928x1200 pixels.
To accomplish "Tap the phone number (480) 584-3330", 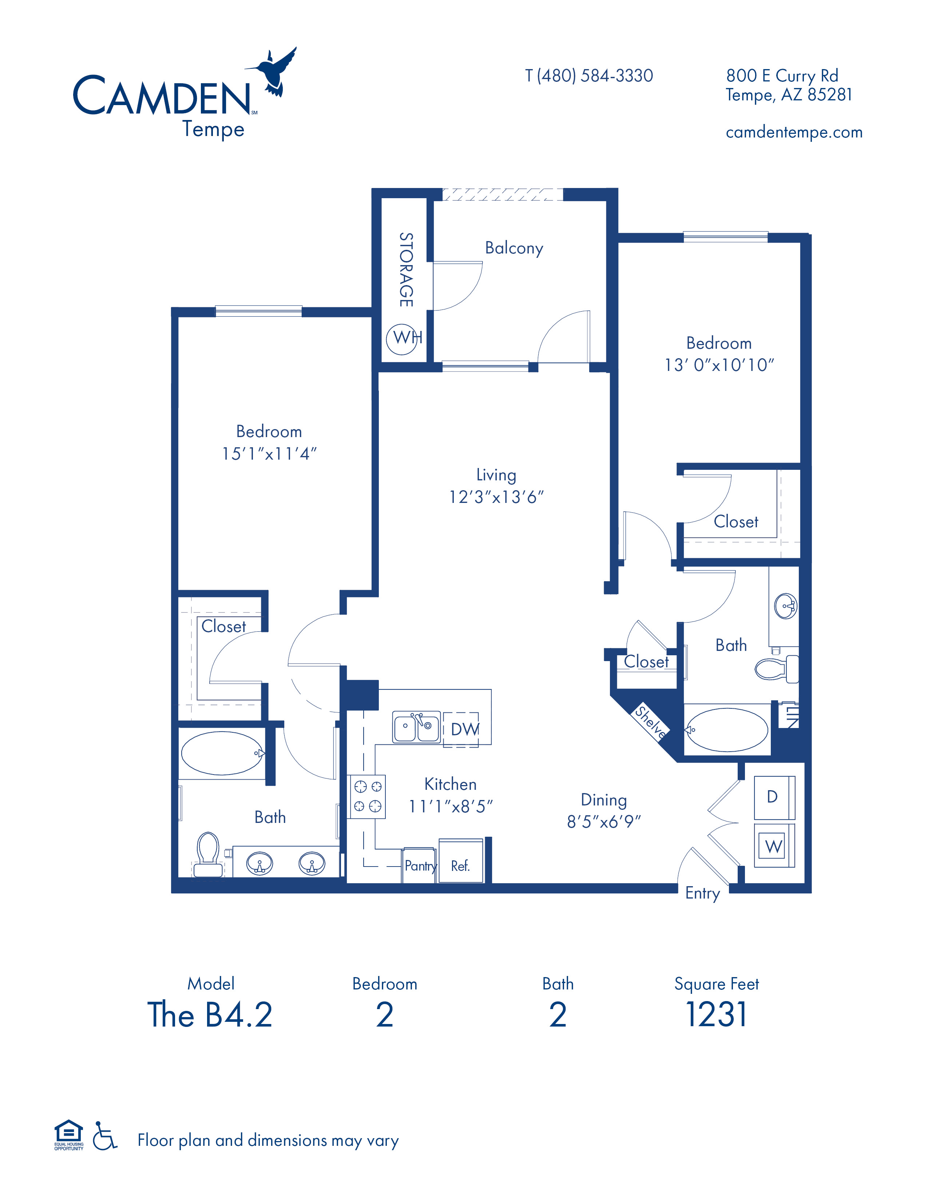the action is pos(595,76).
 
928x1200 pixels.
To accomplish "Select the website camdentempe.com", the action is pos(794,132).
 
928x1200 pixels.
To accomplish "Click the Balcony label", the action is pos(514,248).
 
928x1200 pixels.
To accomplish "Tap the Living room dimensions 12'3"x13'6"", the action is pos(496,497).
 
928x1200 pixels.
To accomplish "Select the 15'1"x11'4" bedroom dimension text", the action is pos(269,453).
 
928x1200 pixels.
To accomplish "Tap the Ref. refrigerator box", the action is pos(461,861).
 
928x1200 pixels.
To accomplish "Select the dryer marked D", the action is pos(774,797).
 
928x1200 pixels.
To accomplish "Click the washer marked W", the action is pos(774,845).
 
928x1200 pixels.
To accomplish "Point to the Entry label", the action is pos(702,893).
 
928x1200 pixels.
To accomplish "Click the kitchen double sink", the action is pos(416,727).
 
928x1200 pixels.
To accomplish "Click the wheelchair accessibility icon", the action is pos(104,1135).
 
